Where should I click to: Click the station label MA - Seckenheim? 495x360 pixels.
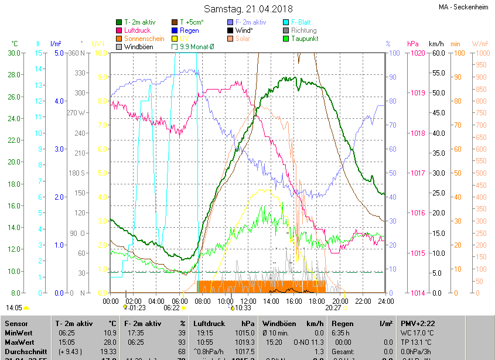point(463,8)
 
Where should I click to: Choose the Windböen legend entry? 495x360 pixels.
point(138,46)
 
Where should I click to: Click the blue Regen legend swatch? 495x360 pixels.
point(175,30)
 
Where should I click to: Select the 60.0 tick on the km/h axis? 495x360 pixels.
point(436,53)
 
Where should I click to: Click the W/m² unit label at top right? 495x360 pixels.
point(480,44)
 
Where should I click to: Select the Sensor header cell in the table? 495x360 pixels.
point(16,323)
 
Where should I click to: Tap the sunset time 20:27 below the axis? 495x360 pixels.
point(333,307)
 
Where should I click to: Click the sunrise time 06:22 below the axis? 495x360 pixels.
point(171,307)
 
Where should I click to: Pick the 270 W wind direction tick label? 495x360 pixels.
point(76,113)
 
